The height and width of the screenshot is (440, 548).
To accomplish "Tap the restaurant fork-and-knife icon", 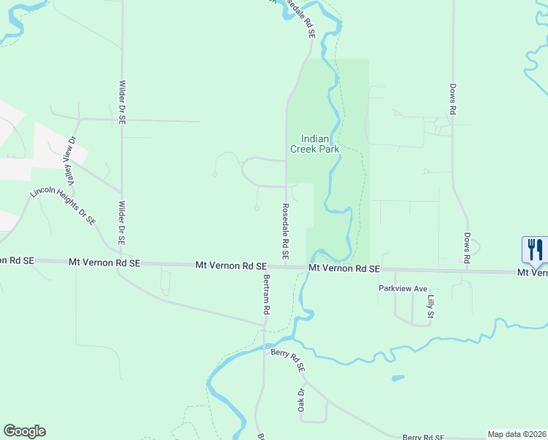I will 536,249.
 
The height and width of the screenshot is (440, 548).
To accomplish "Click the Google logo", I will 24,431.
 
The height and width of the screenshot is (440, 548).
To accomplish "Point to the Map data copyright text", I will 516,434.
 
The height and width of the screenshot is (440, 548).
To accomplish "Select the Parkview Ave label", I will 403,289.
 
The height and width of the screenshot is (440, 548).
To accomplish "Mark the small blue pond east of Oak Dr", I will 397,378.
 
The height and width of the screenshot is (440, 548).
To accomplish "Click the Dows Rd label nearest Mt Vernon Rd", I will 466,248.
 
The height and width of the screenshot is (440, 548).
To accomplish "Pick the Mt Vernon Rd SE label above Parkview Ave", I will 344,269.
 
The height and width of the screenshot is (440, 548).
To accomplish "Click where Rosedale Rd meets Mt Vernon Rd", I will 286,266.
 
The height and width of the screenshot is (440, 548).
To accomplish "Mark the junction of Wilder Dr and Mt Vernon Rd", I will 122,263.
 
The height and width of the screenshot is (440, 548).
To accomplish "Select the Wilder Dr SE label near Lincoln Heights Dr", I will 122,223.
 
